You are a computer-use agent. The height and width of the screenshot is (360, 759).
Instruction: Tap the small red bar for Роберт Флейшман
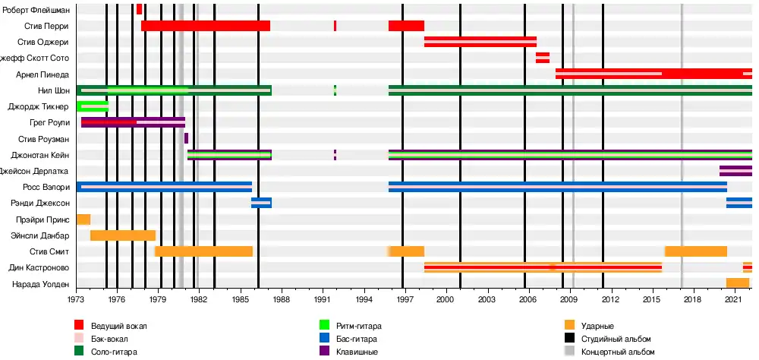pyautogui.click(x=139, y=10)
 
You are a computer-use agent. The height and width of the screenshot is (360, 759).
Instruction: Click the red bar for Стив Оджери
pyautogui.click(x=480, y=42)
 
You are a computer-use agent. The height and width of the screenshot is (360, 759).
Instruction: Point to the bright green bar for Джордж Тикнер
pyautogui.click(x=93, y=106)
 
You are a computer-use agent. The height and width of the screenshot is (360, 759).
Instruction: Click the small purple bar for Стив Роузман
pyautogui.click(x=186, y=138)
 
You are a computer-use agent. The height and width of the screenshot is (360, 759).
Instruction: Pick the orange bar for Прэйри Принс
pyautogui.click(x=83, y=219)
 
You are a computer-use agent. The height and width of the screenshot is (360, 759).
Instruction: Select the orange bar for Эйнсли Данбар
pyautogui.click(x=122, y=235)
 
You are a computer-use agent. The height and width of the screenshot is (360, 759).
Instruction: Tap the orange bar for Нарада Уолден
pyautogui.click(x=737, y=283)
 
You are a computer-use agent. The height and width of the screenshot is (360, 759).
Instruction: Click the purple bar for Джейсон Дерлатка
pyautogui.click(x=735, y=171)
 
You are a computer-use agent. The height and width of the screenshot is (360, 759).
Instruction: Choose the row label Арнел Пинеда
pyautogui.click(x=43, y=74)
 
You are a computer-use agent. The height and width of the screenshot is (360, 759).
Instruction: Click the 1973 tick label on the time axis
pyautogui.click(x=77, y=301)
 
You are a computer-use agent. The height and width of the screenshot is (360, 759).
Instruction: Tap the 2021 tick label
pyautogui.click(x=732, y=301)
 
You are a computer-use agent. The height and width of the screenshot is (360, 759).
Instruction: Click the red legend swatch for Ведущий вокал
pyautogui.click(x=79, y=326)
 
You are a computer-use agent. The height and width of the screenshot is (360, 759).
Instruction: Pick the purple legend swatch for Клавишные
pyautogui.click(x=324, y=352)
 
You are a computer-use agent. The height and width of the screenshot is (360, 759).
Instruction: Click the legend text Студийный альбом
pyautogui.click(x=616, y=339)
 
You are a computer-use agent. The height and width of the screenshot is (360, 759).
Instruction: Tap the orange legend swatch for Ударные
pyautogui.click(x=569, y=326)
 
